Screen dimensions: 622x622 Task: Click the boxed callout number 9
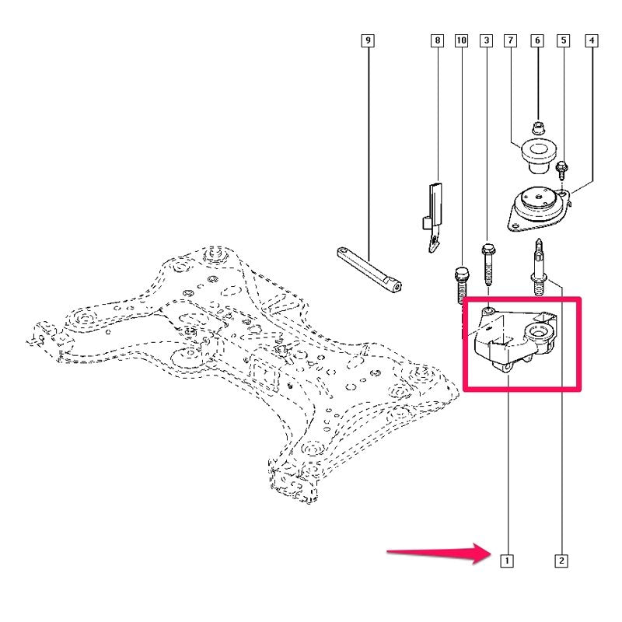[x=368, y=40]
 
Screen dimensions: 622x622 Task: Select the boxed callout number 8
[x=437, y=40]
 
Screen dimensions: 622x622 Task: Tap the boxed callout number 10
[x=461, y=40]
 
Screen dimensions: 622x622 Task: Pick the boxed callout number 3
[x=487, y=40]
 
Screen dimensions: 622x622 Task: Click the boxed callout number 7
[x=510, y=40]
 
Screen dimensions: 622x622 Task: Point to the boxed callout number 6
[x=537, y=40]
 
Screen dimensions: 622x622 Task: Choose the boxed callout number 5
[x=563, y=40]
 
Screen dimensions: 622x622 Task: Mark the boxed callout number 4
[x=592, y=40]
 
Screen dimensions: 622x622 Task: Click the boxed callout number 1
[x=507, y=561]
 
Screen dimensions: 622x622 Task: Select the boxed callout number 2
[x=561, y=561]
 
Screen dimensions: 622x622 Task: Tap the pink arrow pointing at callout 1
[x=439, y=553]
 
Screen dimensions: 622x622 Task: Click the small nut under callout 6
[x=538, y=128]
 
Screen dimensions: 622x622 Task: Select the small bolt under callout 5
[x=562, y=170]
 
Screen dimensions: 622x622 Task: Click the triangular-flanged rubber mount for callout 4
[x=539, y=208]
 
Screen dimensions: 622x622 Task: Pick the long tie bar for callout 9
[x=369, y=270]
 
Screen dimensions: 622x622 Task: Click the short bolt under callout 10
[x=461, y=285]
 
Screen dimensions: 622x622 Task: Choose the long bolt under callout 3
[x=487, y=264]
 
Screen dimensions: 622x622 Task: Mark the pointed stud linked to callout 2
[x=538, y=267]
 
